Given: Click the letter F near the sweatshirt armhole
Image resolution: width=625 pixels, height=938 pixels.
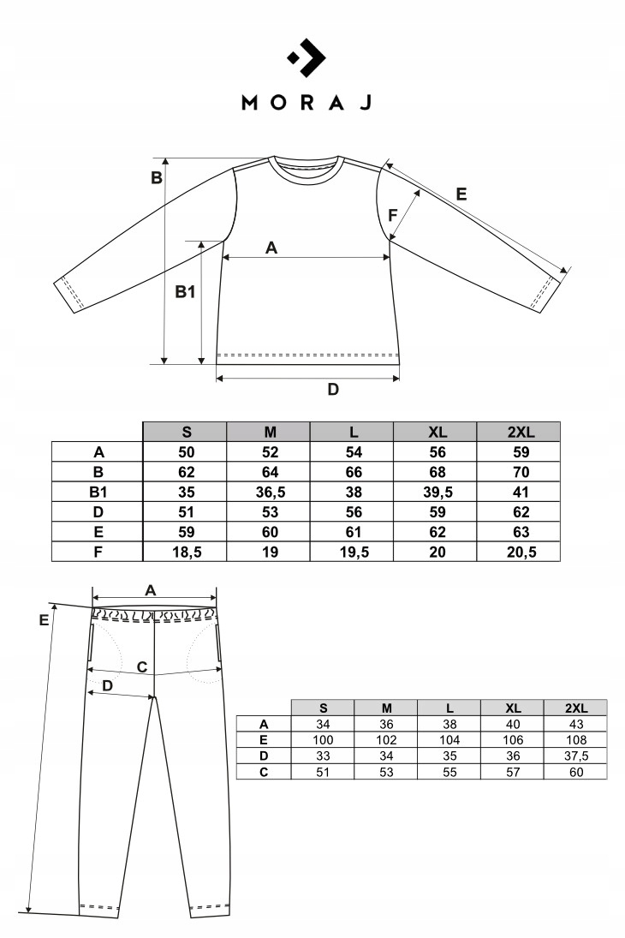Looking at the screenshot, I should coord(393,215).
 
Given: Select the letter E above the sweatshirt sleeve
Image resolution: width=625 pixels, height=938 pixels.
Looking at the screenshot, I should coord(461,194).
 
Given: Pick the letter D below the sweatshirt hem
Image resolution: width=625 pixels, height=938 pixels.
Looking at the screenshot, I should coord(334,390).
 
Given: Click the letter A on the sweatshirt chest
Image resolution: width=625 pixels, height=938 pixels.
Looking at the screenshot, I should coord(271,248).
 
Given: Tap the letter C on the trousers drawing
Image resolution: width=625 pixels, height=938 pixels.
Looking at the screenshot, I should coord(143,666).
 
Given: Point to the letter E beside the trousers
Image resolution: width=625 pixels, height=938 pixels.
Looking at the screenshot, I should coord(44,621).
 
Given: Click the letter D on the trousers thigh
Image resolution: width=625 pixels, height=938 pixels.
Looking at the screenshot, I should coord(107,686).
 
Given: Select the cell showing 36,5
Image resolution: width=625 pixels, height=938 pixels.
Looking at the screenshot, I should coord(270,492).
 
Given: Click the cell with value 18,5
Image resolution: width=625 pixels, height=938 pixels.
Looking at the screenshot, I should coord(186,553).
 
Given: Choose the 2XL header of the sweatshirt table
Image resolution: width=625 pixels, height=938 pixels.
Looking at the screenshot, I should coord(519,433).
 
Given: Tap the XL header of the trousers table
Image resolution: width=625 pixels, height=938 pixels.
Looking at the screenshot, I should coord(513,708).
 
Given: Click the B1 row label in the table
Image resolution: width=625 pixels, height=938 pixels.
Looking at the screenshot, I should coord(98,492).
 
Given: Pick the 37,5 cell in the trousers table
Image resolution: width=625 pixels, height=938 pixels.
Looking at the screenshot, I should coord(576,756).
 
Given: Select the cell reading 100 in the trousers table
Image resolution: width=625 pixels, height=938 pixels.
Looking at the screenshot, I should coord(324,739).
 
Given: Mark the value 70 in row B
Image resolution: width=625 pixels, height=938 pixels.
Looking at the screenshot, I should coord(519,472).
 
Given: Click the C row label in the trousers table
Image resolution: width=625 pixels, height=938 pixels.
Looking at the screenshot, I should coord(264,772).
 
